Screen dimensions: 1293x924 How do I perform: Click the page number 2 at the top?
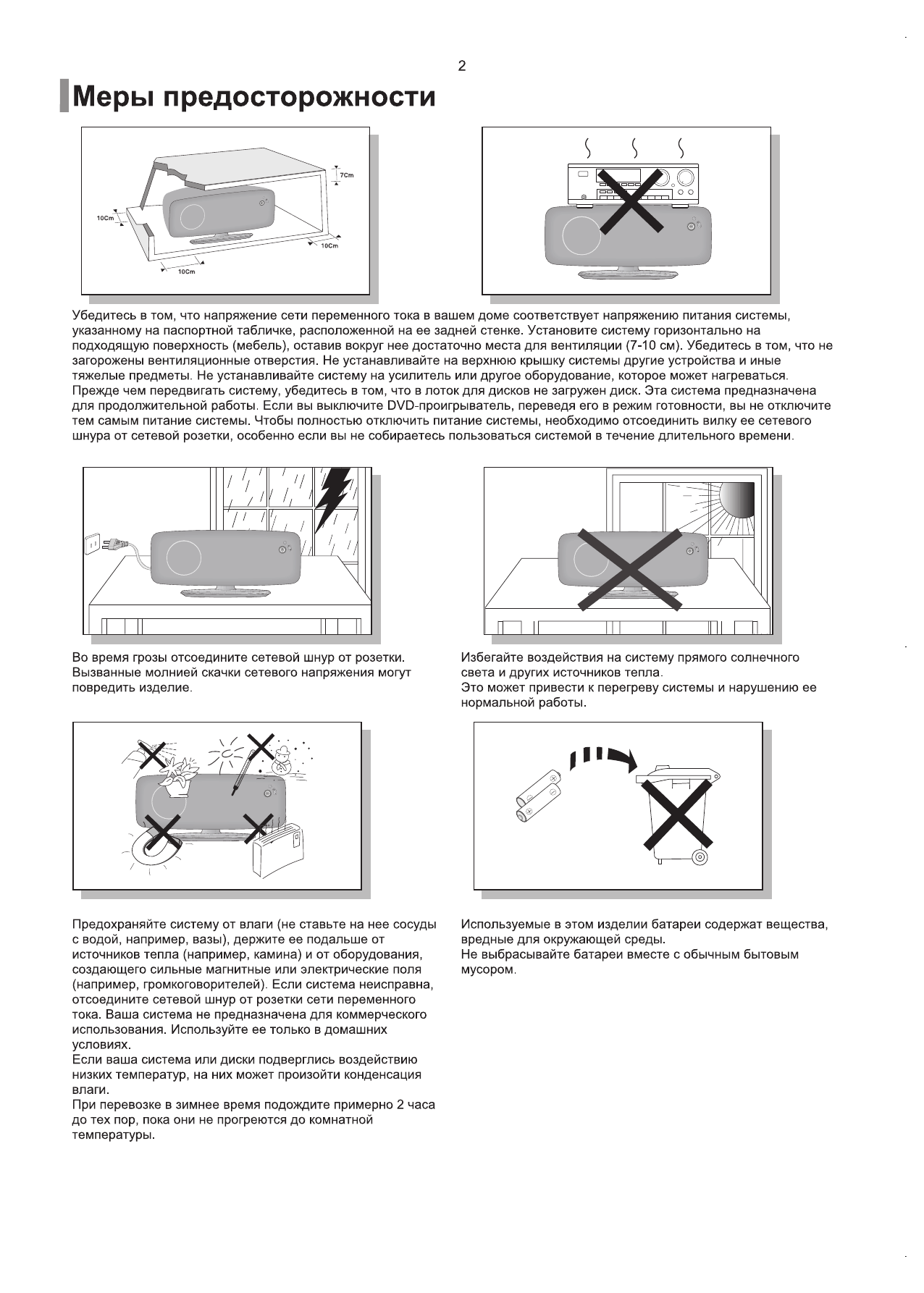point(461,66)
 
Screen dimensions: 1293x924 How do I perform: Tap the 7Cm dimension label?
point(347,175)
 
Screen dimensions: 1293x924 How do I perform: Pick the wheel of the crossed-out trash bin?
point(700,858)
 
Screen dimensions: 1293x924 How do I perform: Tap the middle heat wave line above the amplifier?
point(634,148)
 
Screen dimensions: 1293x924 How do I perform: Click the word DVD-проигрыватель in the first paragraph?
point(439,405)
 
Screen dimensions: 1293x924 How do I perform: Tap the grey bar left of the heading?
point(64,96)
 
